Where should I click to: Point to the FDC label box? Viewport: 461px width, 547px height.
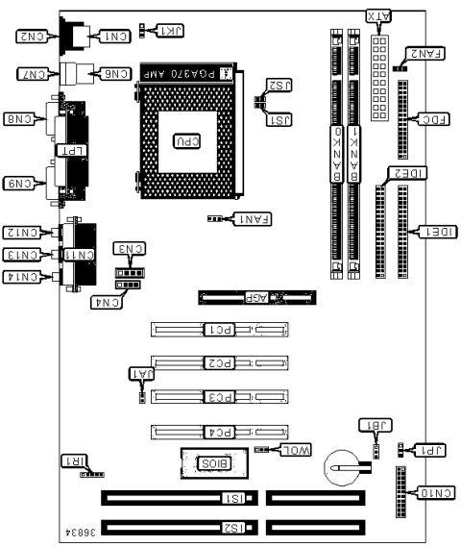(434, 120)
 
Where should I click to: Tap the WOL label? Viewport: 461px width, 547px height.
(296, 449)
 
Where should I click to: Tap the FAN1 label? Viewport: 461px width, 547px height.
(254, 219)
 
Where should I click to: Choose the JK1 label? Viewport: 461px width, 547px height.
(173, 31)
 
